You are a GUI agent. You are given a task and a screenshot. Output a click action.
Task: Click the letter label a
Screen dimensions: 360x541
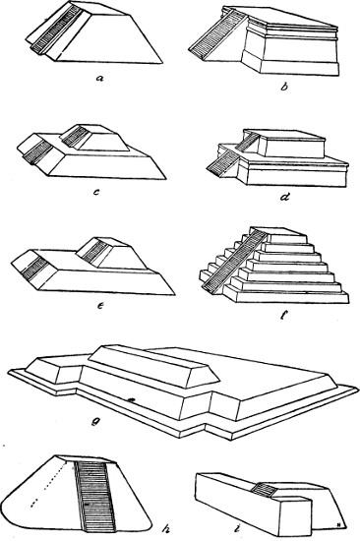click(x=100, y=78)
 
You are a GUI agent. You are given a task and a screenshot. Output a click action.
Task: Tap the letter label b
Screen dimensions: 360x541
click(x=283, y=87)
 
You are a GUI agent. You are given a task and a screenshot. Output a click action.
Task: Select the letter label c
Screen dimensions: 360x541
click(x=96, y=192)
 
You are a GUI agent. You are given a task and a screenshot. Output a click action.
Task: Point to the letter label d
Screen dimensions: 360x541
click(x=285, y=197)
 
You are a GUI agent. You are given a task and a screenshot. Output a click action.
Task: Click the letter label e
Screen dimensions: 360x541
click(x=100, y=305)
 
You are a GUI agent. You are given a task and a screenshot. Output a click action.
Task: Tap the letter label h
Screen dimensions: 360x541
click(x=165, y=528)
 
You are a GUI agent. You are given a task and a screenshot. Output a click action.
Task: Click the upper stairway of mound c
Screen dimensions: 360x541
click(x=75, y=137)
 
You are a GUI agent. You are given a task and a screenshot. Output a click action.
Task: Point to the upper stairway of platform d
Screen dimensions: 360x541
click(x=248, y=143)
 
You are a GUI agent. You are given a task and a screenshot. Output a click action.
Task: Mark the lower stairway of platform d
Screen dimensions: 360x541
click(x=220, y=162)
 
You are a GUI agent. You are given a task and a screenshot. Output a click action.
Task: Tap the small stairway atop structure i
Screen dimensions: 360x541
click(x=264, y=490)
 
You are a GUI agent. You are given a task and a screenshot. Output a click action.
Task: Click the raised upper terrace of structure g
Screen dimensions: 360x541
click(x=154, y=366)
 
